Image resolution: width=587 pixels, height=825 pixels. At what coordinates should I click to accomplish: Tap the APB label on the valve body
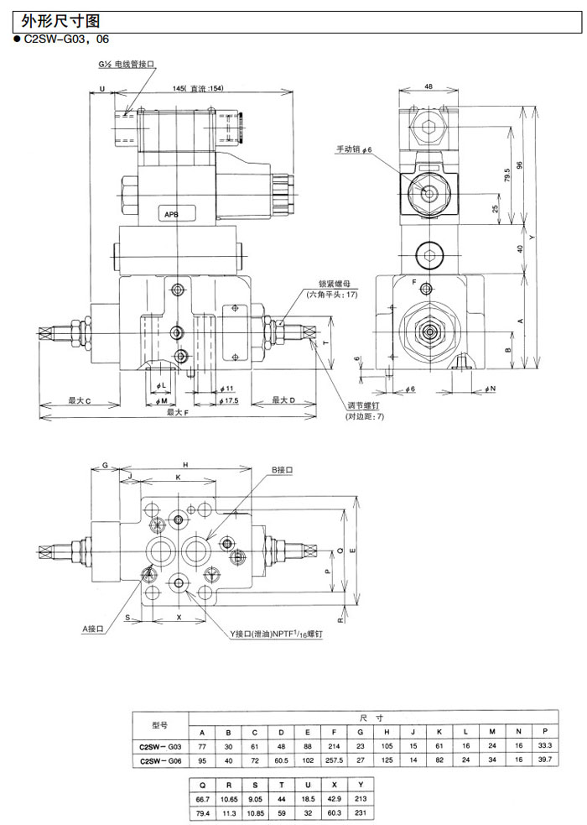tap(171, 215)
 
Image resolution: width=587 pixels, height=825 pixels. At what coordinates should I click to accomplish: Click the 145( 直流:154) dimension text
tap(198, 90)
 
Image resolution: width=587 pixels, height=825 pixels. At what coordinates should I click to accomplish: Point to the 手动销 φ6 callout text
tap(359, 149)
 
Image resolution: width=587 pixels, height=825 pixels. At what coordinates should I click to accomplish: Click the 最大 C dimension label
tap(80, 400)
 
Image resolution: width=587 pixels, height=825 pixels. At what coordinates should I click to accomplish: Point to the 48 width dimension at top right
tap(429, 86)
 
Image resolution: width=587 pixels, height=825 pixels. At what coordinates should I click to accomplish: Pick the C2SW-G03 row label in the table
tap(160, 744)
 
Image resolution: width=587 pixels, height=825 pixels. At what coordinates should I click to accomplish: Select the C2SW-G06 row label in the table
tap(160, 760)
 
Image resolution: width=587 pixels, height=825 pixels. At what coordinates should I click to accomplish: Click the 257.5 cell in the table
tap(335, 760)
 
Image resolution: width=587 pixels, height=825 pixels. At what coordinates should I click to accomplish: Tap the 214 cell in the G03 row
tap(335, 744)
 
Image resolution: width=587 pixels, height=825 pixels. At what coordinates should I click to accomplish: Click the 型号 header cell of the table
tap(160, 723)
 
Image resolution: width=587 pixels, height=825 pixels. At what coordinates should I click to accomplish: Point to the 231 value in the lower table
tap(361, 812)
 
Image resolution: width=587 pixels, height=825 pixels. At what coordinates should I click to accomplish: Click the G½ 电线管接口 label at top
tap(127, 64)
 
